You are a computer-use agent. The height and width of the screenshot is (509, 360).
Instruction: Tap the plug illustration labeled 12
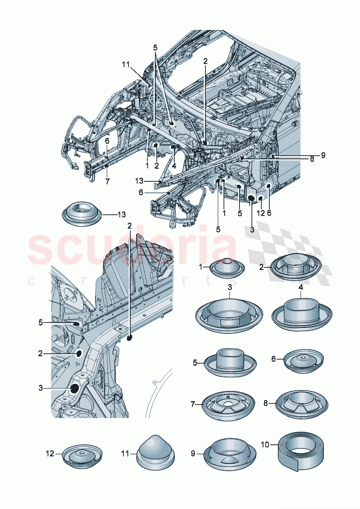82,455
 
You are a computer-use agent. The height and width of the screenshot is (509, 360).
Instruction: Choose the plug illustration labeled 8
301,404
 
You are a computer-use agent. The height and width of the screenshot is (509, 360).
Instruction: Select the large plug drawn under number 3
229,315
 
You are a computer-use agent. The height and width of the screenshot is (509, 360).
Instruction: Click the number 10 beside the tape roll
265,444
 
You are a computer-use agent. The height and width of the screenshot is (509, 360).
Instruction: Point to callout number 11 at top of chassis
126,65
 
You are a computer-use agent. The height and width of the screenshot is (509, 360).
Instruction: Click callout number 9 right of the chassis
323,155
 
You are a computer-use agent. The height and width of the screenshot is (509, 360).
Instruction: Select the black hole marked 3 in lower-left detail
74,389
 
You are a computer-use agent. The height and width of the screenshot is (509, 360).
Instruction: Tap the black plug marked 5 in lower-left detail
76,324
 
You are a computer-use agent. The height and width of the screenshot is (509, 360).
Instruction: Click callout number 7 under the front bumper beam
107,181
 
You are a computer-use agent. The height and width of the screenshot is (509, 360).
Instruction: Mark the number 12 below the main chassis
261,213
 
